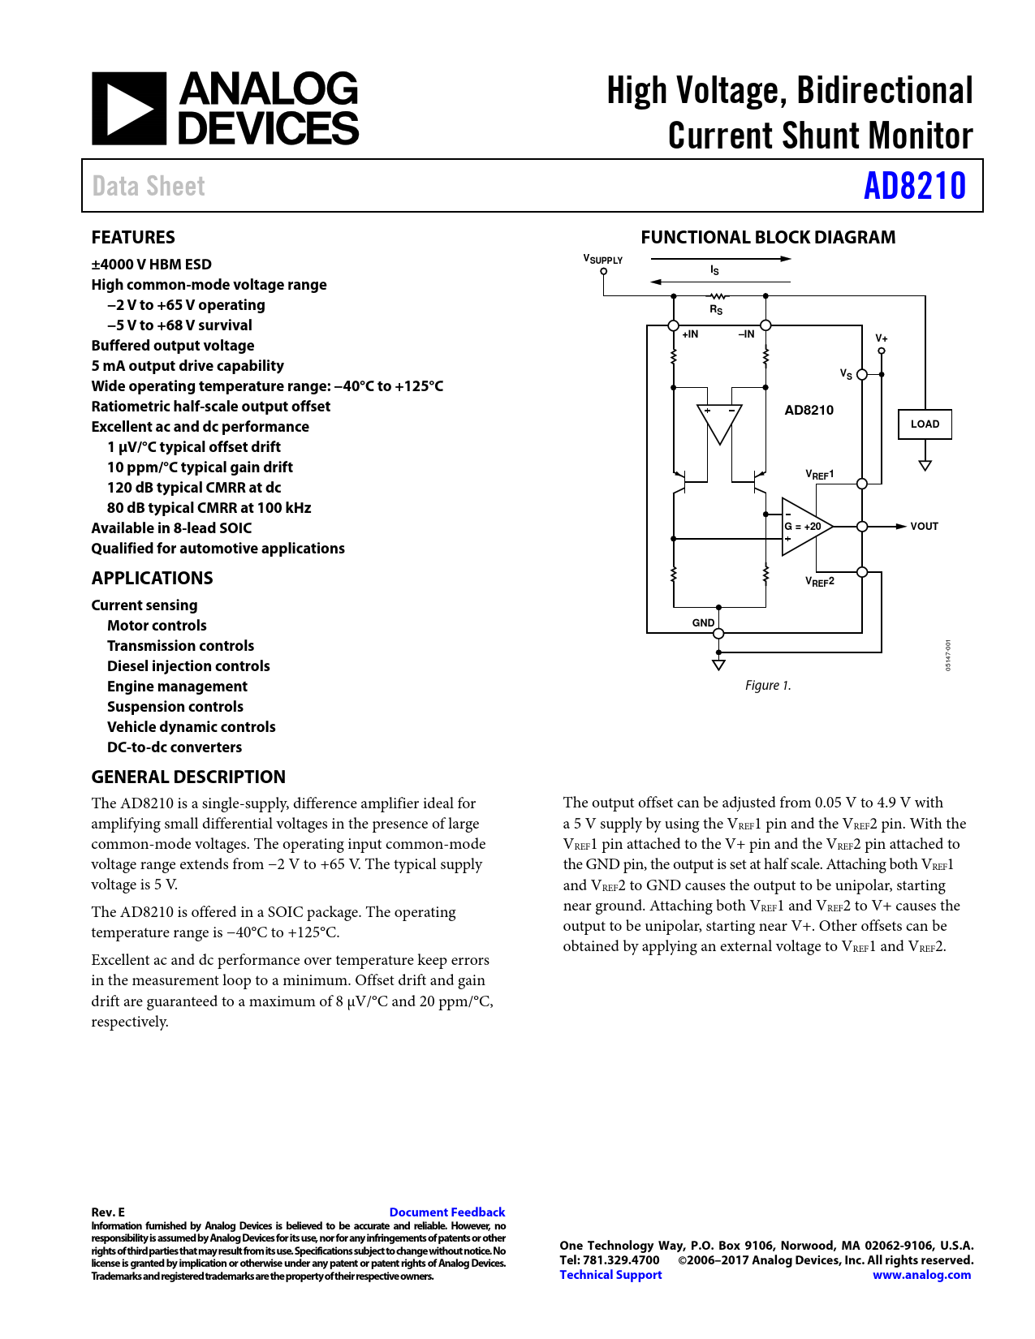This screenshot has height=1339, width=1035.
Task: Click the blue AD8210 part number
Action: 914,186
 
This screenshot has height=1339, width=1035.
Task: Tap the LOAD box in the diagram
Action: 925,424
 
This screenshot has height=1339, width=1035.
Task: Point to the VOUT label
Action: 924,527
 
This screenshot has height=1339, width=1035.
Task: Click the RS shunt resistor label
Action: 716,309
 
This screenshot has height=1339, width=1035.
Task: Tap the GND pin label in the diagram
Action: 703,622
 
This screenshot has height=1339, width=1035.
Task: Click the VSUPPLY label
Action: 603,260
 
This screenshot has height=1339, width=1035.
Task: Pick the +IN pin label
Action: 690,334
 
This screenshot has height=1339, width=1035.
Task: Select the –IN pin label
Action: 746,334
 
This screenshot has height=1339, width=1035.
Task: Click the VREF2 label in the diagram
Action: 819,581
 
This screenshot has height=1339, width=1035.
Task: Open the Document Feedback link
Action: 446,1212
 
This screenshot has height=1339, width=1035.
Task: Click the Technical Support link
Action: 610,1275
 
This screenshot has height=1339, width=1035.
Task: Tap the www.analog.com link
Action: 921,1275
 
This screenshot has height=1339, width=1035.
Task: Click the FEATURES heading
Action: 133,238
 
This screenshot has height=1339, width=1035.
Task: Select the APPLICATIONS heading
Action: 152,578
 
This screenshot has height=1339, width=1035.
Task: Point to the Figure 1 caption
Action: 767,686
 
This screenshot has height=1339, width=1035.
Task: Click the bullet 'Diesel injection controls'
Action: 188,666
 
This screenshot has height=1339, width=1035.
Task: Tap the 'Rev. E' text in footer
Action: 108,1212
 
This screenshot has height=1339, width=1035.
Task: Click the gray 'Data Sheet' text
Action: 149,186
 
